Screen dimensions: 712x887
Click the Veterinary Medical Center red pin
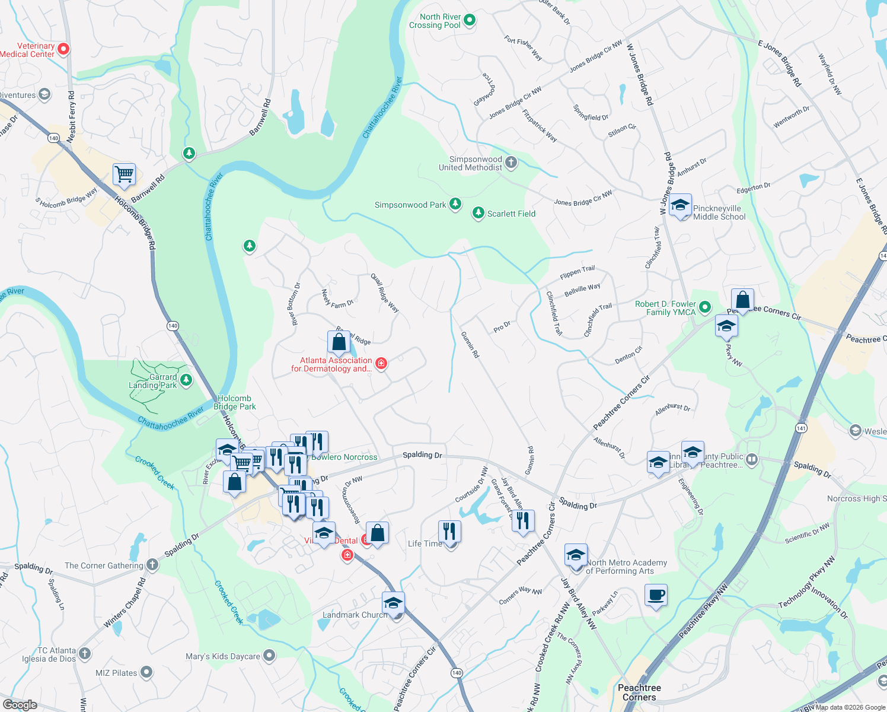[x=63, y=49]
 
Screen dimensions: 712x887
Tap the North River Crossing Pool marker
[x=470, y=21]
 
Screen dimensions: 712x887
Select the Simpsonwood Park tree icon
[x=455, y=204]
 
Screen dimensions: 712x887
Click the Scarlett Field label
[x=511, y=214]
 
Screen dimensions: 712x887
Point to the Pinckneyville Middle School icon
[x=680, y=205]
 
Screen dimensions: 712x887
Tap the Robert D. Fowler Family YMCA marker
[x=705, y=307]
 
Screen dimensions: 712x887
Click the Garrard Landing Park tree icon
[x=186, y=380]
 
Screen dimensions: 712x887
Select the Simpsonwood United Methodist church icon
[x=511, y=163]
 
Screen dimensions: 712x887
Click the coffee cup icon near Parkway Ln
[x=656, y=595]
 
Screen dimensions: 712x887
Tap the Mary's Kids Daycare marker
[x=270, y=656]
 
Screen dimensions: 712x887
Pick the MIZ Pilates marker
[x=146, y=672]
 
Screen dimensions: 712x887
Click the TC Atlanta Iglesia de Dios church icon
[x=85, y=654]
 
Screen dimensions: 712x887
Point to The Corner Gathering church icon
[x=152, y=564]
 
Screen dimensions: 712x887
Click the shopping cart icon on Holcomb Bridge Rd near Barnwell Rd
[x=124, y=175]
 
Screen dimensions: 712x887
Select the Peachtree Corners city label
[x=639, y=692]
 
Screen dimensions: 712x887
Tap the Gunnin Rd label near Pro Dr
[x=470, y=345]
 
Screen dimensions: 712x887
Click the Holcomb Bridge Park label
[x=235, y=402]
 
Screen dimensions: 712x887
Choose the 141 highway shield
[x=802, y=428]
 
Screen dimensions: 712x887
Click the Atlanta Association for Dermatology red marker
[x=381, y=363]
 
